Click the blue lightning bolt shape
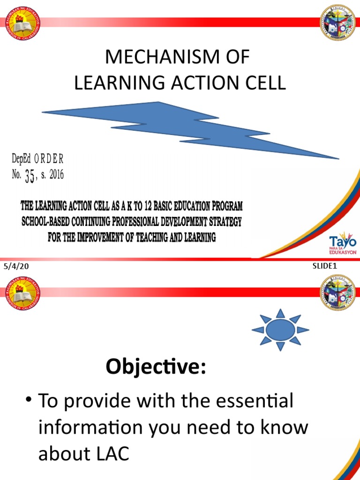point(187,127)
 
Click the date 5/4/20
point(13,267)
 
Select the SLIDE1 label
point(325,266)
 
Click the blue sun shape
point(280,330)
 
